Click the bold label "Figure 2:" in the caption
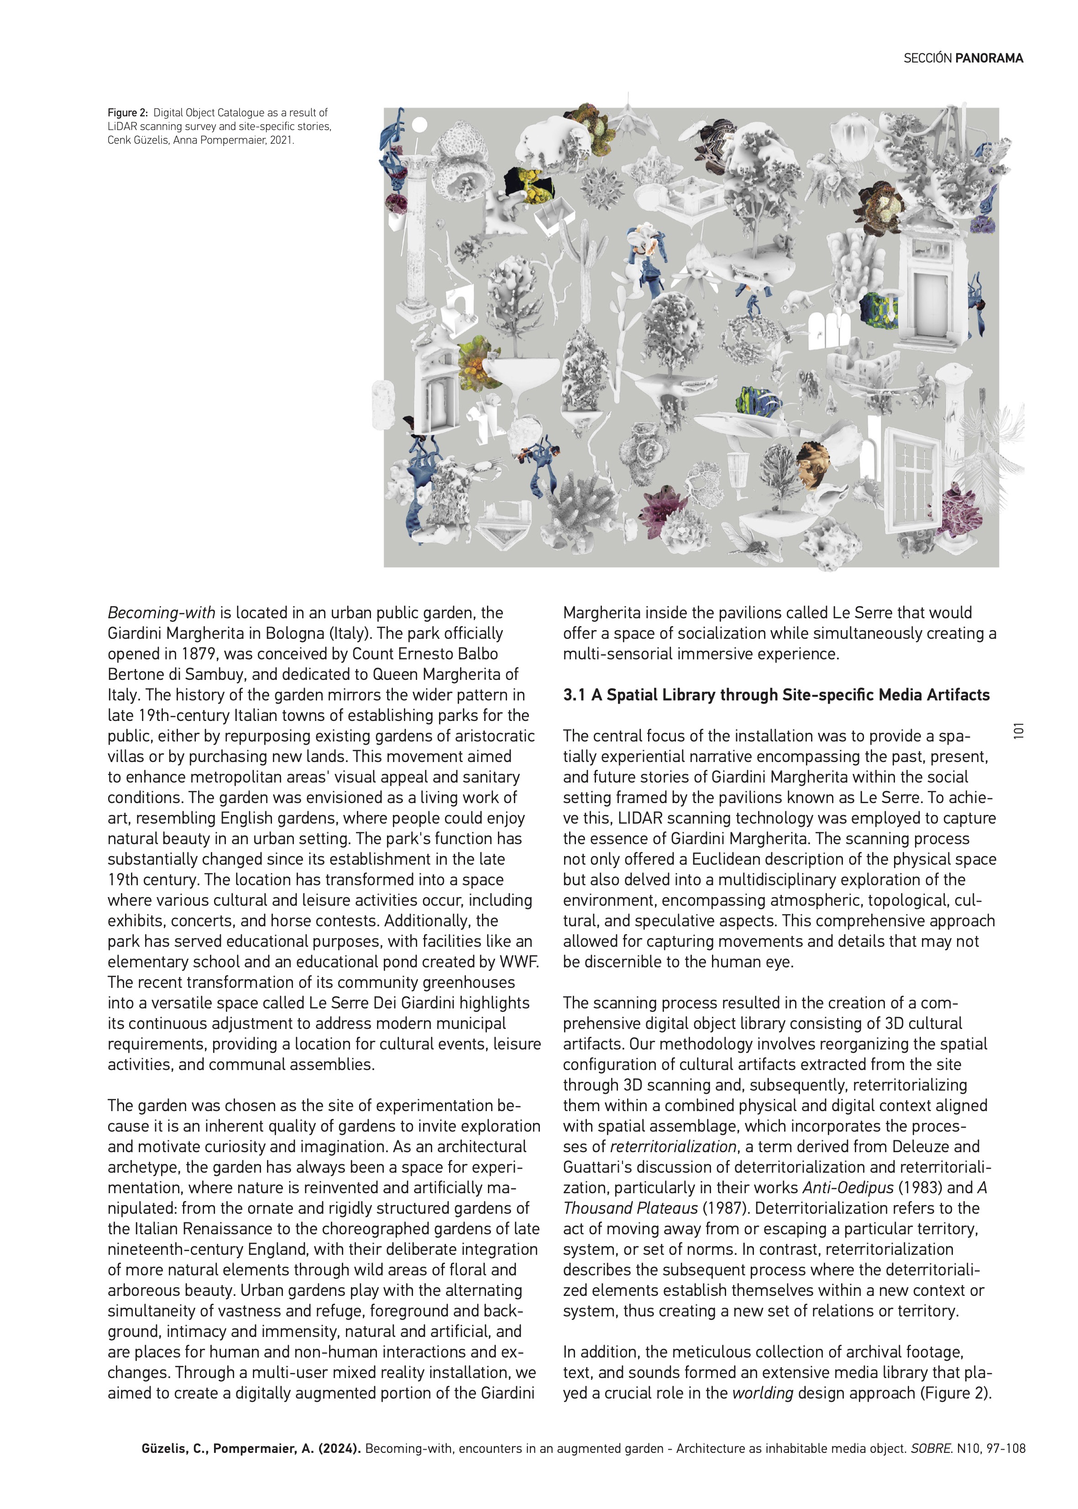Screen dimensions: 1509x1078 [127, 113]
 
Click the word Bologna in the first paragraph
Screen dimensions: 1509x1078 [292, 633]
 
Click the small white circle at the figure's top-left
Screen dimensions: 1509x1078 [419, 125]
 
